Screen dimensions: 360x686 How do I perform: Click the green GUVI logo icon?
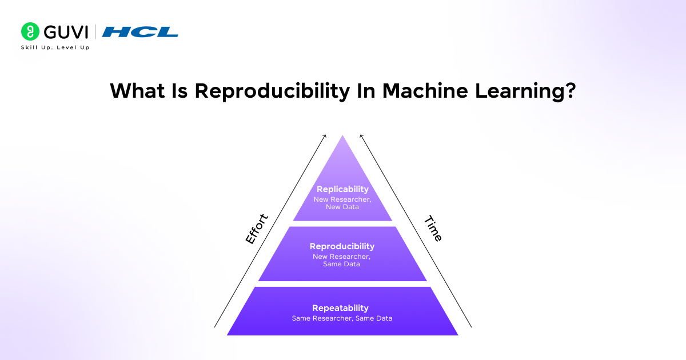pos(30,31)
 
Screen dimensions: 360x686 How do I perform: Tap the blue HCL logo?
pos(140,32)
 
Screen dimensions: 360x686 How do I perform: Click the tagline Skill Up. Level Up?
pos(55,47)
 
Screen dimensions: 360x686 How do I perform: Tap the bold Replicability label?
pos(342,189)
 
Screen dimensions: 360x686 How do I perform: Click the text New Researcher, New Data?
pos(342,203)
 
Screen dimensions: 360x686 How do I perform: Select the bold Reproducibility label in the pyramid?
pos(342,246)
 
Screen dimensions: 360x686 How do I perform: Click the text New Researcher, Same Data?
pos(342,260)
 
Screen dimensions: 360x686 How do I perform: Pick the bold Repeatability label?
pos(340,308)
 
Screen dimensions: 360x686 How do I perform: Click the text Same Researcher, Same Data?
pos(342,318)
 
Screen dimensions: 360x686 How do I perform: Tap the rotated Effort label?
pos(257,229)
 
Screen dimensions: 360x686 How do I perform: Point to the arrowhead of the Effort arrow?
pos(325,135)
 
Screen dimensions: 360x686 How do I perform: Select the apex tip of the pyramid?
pos(342,137)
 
